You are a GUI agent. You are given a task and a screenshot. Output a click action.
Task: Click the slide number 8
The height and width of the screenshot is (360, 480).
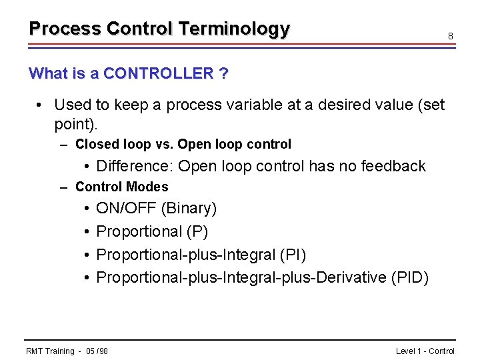451,35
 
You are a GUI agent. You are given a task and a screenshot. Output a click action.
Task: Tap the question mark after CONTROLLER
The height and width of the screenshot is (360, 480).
223,73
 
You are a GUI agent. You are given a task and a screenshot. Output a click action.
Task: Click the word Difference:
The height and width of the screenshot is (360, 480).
135,166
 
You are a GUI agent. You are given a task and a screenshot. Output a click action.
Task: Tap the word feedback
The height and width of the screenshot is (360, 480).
393,166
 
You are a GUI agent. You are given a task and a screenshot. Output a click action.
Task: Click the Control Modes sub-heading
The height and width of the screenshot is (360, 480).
121,187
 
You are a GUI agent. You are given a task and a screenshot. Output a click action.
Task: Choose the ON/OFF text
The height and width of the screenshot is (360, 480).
126,209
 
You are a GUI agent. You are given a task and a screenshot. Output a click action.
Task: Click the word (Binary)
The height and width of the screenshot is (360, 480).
189,209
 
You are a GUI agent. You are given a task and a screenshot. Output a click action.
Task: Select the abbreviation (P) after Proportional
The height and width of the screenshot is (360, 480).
197,232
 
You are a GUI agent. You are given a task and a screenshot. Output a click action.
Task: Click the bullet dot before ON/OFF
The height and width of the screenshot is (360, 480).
88,209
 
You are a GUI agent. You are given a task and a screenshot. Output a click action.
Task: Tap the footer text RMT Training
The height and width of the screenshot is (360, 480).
50,351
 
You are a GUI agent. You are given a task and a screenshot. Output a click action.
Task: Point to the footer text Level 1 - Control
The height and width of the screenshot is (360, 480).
425,351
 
